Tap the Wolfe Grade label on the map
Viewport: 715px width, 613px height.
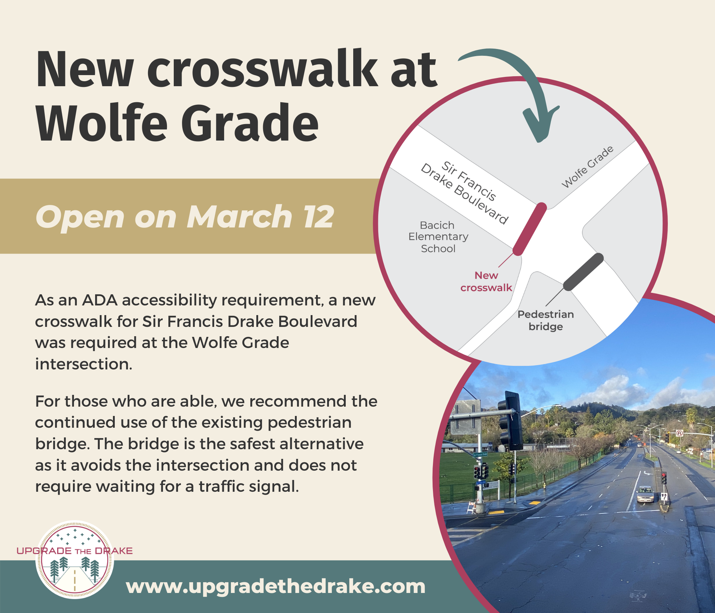click(587, 167)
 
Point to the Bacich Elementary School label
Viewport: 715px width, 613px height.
click(438, 237)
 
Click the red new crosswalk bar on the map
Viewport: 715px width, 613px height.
click(530, 229)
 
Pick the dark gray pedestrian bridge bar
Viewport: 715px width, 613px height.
click(583, 272)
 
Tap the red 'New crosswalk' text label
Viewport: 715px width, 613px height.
click(486, 281)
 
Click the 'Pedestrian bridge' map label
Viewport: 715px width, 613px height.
click(546, 320)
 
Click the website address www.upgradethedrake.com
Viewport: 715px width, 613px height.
click(276, 587)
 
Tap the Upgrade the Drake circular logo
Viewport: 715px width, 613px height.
click(75, 559)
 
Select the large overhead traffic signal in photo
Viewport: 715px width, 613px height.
click(509, 421)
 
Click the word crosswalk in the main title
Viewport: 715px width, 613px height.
click(262, 69)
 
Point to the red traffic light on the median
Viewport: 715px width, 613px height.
click(664, 478)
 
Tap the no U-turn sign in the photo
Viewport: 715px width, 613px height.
click(680, 433)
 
